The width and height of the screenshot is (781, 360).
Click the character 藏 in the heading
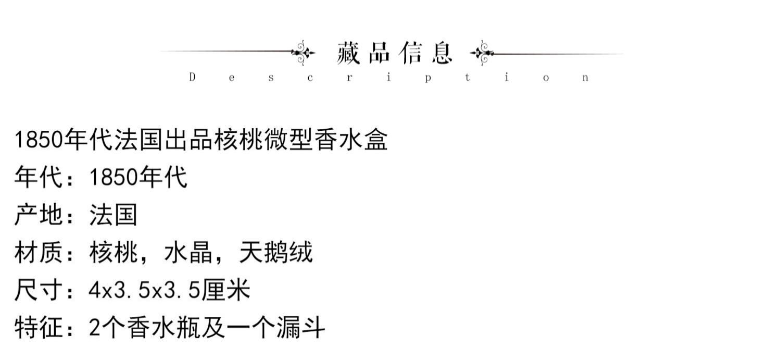pos(348,53)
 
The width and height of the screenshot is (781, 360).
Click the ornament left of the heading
pos(303,52)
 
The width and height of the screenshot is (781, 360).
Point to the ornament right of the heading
pos(482,53)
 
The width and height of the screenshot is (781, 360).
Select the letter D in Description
pos(192,78)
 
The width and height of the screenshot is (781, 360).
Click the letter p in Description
pos(427,78)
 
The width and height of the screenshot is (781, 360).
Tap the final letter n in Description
pos(586,78)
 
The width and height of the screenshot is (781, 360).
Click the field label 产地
pos(39,215)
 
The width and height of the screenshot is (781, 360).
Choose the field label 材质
pos(39,253)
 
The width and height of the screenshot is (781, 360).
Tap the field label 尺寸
pos(39,290)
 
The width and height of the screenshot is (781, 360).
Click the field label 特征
pos(39,328)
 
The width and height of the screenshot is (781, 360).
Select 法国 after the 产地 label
pos(113,215)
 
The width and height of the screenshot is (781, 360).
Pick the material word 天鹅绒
pos(275,253)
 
